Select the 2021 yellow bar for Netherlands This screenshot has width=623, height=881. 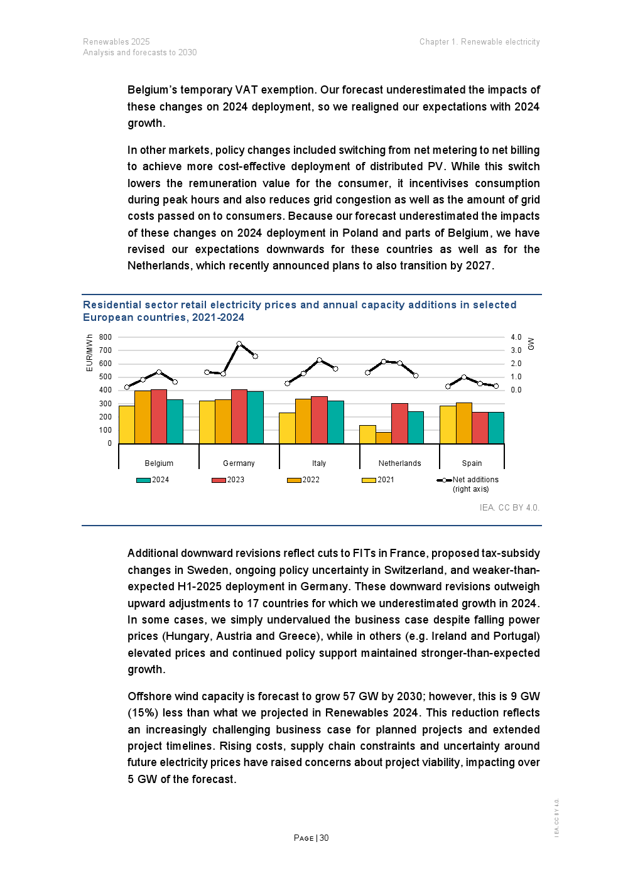click(x=367, y=435)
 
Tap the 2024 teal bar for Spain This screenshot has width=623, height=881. click(x=496, y=428)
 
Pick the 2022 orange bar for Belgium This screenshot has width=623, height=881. click(x=143, y=417)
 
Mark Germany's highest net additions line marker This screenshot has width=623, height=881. click(x=239, y=343)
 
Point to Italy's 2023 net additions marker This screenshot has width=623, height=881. click(x=320, y=360)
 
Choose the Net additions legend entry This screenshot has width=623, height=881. click(x=475, y=480)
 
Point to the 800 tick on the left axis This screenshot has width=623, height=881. click(x=106, y=337)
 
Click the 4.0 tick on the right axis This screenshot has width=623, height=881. click(x=516, y=337)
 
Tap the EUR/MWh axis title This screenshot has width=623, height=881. click(x=89, y=353)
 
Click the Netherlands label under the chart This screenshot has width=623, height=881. click(x=399, y=463)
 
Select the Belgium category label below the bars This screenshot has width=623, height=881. click(x=159, y=463)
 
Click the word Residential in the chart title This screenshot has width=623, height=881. click(x=112, y=305)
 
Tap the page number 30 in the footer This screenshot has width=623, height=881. click(x=324, y=838)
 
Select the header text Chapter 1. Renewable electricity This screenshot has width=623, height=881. click(x=479, y=42)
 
